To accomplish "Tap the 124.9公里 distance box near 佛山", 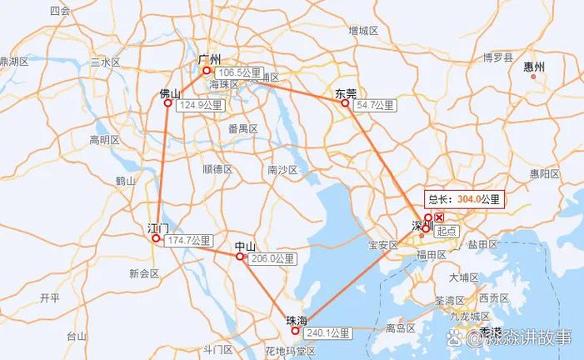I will click(x=200, y=106).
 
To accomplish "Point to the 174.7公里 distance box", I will click(x=188, y=241).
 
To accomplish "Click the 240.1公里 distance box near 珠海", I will click(x=327, y=332).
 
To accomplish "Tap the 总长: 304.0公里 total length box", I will click(x=465, y=198).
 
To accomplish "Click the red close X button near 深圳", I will click(x=439, y=217).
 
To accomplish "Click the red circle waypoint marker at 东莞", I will click(x=345, y=103).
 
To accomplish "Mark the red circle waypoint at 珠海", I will click(x=295, y=331).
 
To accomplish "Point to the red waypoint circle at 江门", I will click(x=156, y=239).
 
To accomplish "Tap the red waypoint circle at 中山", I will click(x=240, y=257).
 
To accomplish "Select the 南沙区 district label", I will click(x=282, y=170).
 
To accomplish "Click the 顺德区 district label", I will click(x=217, y=169).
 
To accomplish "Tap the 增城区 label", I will click(x=363, y=31).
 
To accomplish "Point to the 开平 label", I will click(x=50, y=297).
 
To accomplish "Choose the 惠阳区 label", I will click(x=545, y=174).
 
